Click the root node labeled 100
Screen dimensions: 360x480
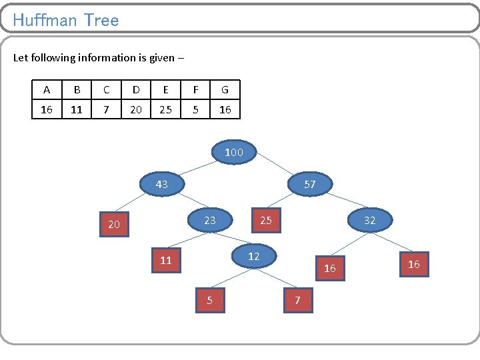(233, 153)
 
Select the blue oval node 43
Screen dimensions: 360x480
(161, 184)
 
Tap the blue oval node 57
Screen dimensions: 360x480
(310, 184)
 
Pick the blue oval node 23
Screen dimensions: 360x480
(210, 219)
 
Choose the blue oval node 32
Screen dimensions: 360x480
(369, 219)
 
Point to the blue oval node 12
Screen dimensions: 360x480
(253, 256)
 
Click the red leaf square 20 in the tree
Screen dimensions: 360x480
(114, 225)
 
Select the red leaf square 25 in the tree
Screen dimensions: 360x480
(266, 220)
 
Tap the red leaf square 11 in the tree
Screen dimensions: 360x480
(166, 261)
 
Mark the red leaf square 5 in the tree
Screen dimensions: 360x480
(210, 300)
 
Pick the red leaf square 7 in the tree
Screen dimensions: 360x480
(298, 300)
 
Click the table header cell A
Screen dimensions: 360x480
(47, 90)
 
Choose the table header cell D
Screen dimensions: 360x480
(136, 90)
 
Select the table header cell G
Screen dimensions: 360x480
(225, 90)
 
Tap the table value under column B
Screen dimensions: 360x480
(77, 109)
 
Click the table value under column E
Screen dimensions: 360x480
(165, 109)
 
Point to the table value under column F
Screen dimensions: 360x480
(195, 109)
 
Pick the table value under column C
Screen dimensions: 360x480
(106, 109)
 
